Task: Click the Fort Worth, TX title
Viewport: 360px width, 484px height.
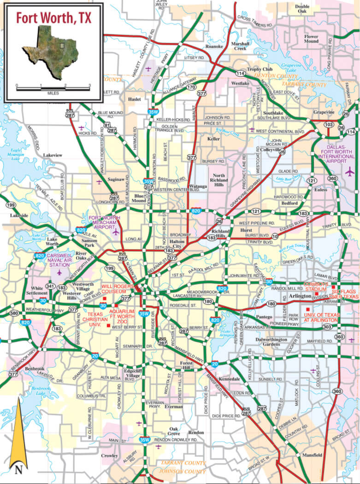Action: pyautogui.click(x=53, y=18)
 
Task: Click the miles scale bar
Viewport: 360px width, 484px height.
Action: pyautogui.click(x=53, y=87)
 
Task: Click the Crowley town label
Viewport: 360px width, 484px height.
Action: pyautogui.click(x=109, y=456)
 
